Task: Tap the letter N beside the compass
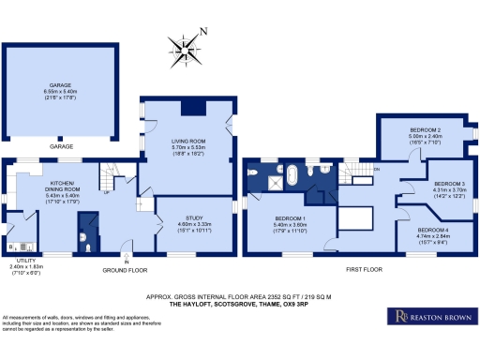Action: [x=205, y=31]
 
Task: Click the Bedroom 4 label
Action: [x=433, y=230]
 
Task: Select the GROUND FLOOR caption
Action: [x=127, y=269]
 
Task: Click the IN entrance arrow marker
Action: [x=126, y=262]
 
